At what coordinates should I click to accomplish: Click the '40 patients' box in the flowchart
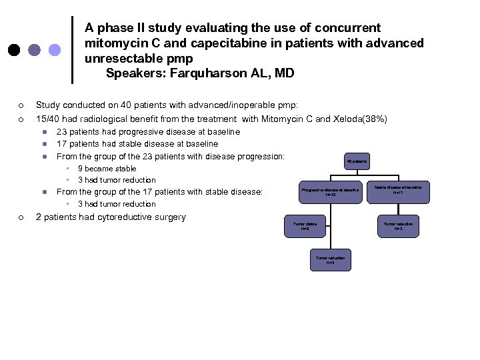[x=356, y=161]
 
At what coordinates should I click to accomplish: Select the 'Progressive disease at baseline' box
[x=330, y=192]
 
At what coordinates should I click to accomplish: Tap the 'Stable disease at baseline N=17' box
[x=398, y=190]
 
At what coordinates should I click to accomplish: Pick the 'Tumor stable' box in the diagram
[x=305, y=226]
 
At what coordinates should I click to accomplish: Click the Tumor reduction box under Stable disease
[x=398, y=226]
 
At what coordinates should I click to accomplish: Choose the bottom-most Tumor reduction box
[x=330, y=260]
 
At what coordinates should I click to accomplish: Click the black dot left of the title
[x=13, y=50]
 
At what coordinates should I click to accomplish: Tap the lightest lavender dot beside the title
[x=55, y=50]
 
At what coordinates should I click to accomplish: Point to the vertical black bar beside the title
[x=72, y=50]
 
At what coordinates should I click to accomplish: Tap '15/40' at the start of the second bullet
[x=47, y=119]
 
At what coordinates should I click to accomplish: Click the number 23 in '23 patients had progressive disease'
[x=62, y=132]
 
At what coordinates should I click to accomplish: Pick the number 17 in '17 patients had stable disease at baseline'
[x=62, y=144]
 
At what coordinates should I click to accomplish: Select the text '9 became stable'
[x=107, y=169]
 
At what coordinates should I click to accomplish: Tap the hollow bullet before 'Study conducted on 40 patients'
[x=21, y=105]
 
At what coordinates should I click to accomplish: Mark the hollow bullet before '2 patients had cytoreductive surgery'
[x=21, y=217]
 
